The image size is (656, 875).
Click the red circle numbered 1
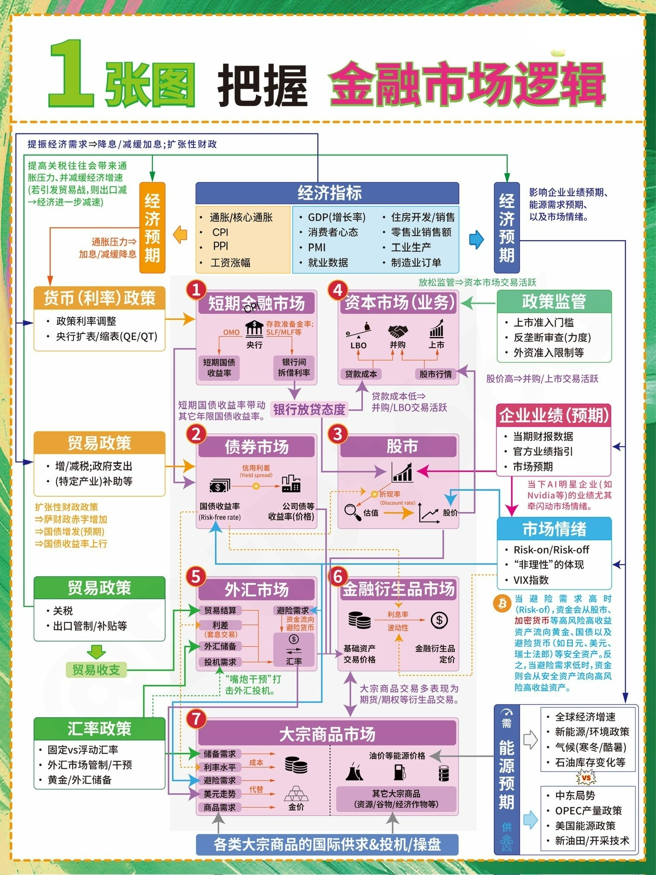[x=196, y=290]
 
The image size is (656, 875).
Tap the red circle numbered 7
[x=196, y=718]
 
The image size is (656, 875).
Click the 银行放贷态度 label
[x=310, y=409]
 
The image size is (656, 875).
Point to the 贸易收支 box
[x=96, y=670]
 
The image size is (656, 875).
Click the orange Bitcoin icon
[x=502, y=603]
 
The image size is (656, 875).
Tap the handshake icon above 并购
[x=398, y=331]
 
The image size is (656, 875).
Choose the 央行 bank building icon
[x=255, y=328]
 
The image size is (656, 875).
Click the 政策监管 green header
[x=554, y=301]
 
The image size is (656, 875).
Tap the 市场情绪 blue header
[x=554, y=529]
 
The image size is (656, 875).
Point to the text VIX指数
[x=531, y=580]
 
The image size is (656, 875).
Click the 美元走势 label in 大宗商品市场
[x=220, y=794]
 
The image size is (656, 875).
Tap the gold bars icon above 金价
[x=296, y=793]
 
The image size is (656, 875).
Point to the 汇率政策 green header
[x=100, y=729]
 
